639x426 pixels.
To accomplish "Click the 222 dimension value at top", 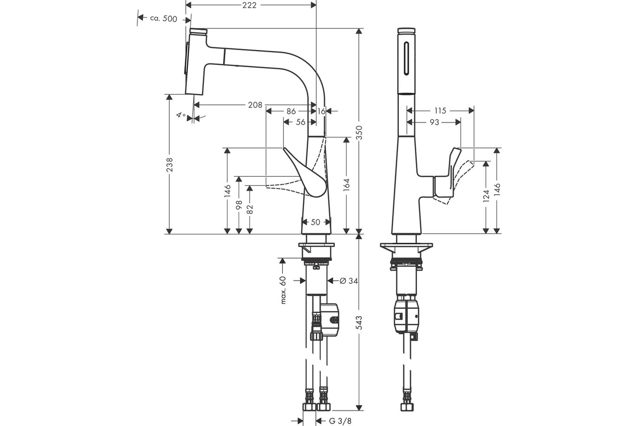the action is pos(249,5).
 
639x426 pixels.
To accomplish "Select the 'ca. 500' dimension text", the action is pos(163,19).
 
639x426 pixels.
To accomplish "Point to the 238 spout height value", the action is pos(169,165).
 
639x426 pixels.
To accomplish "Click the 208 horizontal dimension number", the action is pos(255,105).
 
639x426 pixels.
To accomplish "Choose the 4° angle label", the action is pos(181,115).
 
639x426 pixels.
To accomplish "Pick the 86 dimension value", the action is pos(291,111).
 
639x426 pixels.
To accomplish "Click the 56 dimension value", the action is pos(301,122).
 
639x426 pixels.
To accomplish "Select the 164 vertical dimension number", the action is pos(347,185).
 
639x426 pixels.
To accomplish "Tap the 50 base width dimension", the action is pos(315,222).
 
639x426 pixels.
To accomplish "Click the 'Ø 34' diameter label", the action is pos(349,281).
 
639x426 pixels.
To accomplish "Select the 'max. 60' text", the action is pos(283,290).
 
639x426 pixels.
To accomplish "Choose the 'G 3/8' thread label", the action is pos(340,421).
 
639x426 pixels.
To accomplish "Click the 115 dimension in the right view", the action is pos(440,111).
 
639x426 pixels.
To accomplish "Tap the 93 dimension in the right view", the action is pos(434,122).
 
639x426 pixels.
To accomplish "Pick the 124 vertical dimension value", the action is pos(486,196).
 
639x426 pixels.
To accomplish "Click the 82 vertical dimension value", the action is pos(250,209).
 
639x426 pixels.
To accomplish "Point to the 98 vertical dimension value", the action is pos(239,205).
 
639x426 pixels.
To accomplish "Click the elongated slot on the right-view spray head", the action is pos(406,59).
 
